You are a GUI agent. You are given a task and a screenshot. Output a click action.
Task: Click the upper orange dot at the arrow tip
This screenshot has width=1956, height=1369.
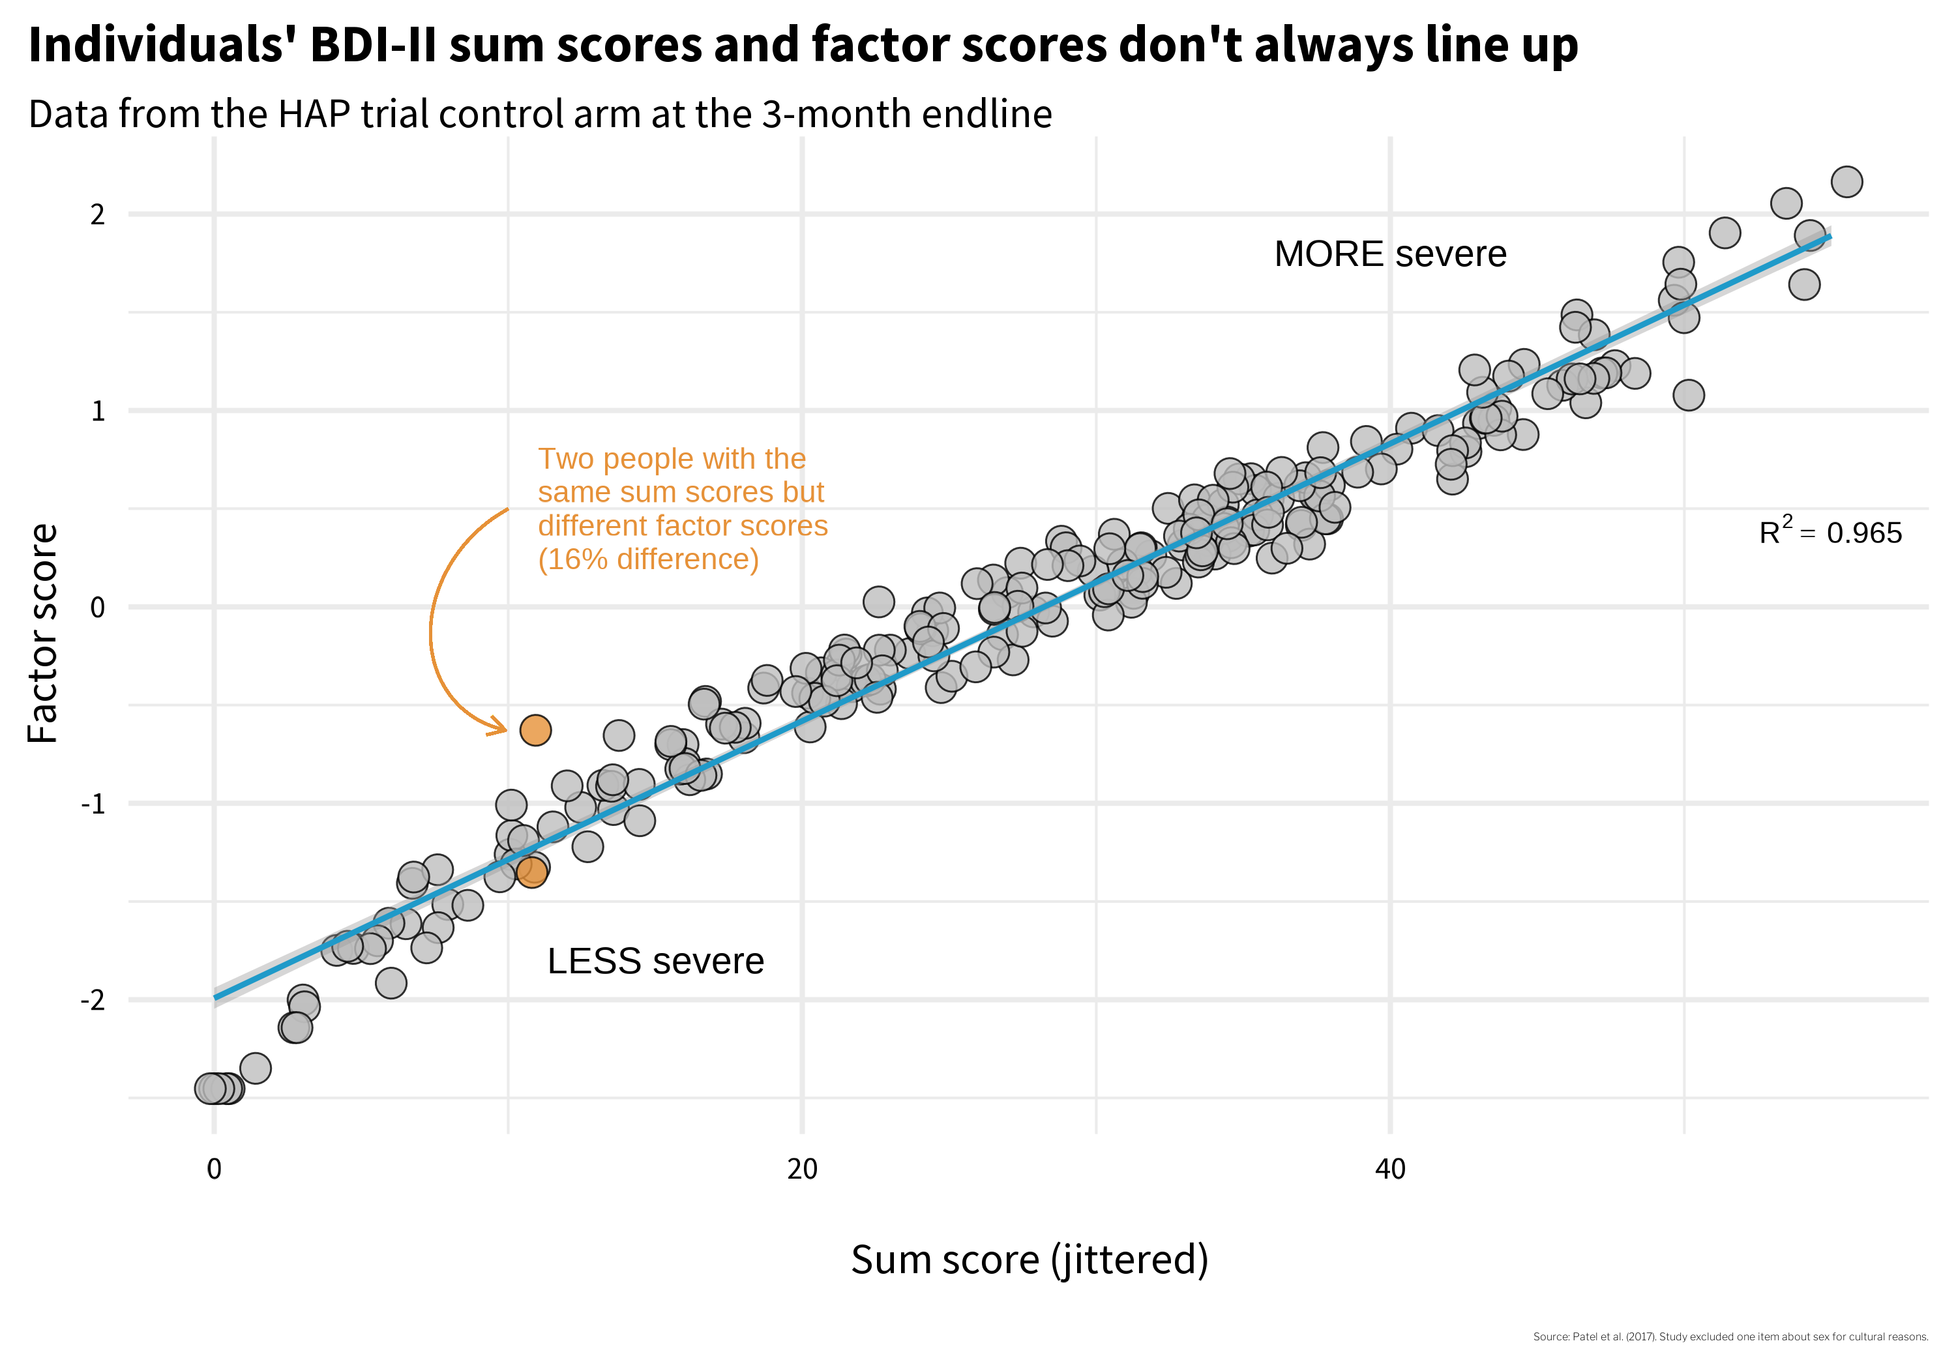(535, 730)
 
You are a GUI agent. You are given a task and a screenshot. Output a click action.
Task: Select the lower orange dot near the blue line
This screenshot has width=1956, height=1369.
(531, 872)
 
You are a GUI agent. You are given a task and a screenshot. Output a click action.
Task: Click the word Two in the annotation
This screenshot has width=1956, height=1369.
(566, 459)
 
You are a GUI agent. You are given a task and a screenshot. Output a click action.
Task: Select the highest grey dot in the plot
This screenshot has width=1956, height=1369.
(1846, 181)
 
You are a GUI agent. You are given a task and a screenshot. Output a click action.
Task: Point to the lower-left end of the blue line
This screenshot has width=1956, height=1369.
(216, 997)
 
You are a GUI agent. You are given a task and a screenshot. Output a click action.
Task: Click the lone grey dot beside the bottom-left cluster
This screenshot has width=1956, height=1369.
(256, 1068)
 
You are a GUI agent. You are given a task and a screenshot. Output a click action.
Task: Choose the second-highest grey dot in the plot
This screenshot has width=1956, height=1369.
(1786, 203)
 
